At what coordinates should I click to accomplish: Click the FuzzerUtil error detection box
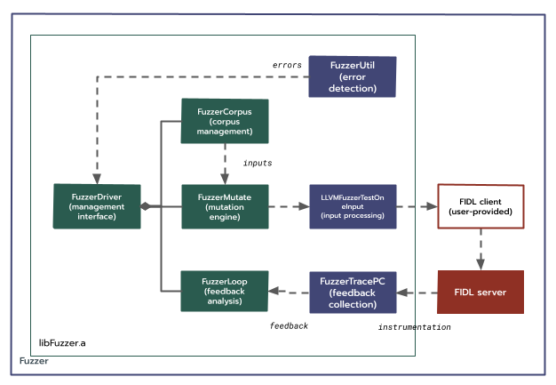tap(352, 76)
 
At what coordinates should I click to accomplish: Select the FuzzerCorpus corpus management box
tap(224, 120)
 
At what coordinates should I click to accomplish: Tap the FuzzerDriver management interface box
tap(97, 205)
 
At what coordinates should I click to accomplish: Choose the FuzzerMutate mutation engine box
tap(224, 205)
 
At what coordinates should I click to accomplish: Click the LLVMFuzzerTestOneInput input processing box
tap(352, 205)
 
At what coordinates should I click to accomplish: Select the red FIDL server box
tap(481, 292)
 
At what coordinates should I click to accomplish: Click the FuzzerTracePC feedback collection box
tap(352, 292)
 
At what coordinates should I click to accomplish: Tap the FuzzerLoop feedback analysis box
tap(224, 292)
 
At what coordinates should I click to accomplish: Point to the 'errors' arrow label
tap(287, 64)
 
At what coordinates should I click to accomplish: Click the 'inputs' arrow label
tap(258, 163)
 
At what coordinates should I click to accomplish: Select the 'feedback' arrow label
tap(289, 326)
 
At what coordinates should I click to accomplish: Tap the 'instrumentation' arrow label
tap(414, 327)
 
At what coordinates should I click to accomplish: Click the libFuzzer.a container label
tap(62, 342)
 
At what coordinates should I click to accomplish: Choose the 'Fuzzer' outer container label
tap(34, 362)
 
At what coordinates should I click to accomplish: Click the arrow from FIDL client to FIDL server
tap(481, 250)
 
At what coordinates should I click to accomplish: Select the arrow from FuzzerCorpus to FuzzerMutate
tap(224, 163)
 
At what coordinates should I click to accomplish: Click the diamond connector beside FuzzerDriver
tap(147, 206)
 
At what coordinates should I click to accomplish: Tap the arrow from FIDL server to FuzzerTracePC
tap(417, 292)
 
